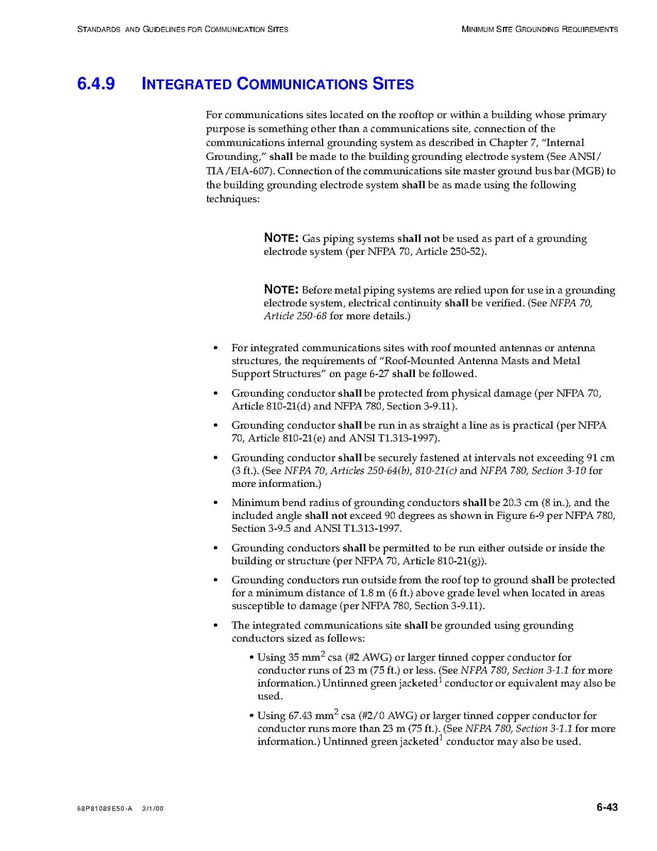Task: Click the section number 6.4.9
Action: pyautogui.click(x=95, y=84)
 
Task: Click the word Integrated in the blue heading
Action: pyautogui.click(x=187, y=84)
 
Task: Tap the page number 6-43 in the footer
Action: pyautogui.click(x=607, y=807)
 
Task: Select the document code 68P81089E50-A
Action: pyautogui.click(x=104, y=808)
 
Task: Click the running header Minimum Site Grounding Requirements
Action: pyautogui.click(x=539, y=29)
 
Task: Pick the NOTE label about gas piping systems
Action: pyautogui.click(x=281, y=238)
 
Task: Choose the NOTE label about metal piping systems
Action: pyautogui.click(x=281, y=289)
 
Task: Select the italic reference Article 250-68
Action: pyautogui.click(x=295, y=316)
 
